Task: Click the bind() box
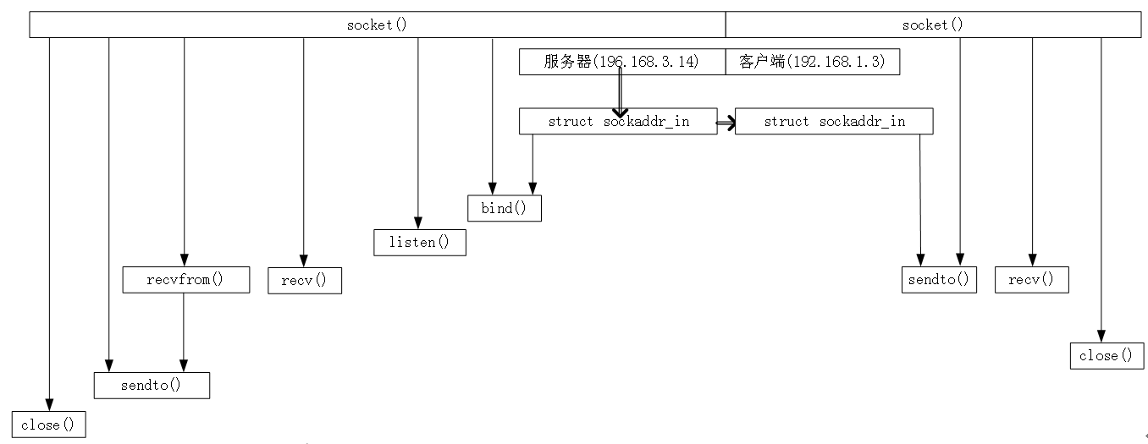coord(505,208)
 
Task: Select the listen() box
coord(420,243)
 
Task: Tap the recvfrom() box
coord(186,280)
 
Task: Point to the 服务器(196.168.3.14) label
coord(621,62)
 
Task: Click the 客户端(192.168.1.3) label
coord(813,62)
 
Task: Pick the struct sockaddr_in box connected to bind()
coord(618,121)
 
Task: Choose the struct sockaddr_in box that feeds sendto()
coord(834,121)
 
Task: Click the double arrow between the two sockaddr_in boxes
coord(726,123)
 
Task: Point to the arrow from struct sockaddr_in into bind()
coord(533,165)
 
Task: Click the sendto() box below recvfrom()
coord(152,385)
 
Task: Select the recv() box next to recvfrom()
coord(305,280)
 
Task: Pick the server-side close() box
coord(48,425)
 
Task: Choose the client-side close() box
coord(1106,356)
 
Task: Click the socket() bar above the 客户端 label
coord(931,25)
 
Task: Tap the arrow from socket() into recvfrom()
coord(184,152)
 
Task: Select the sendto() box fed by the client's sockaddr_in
coord(939,279)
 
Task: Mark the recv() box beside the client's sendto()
coord(1031,279)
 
